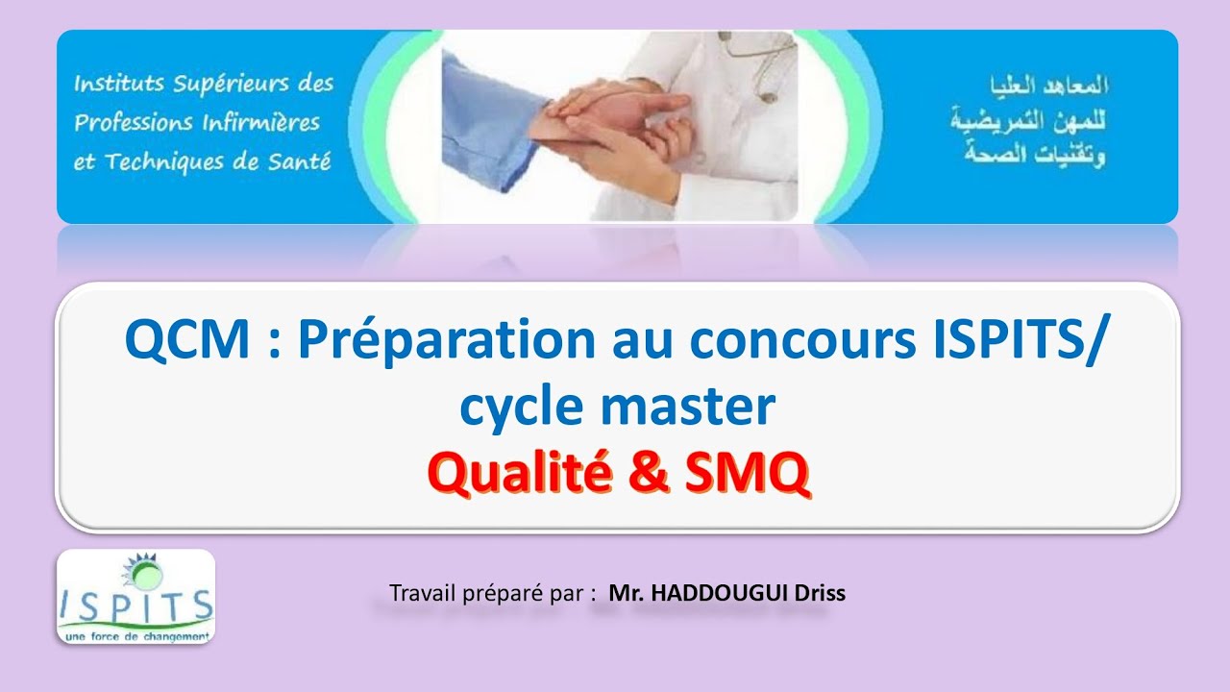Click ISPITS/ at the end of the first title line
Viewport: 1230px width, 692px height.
(1022, 341)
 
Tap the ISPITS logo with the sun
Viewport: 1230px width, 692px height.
(135, 596)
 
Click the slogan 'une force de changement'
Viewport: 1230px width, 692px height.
(135, 636)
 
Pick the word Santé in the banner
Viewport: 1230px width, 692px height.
(297, 161)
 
